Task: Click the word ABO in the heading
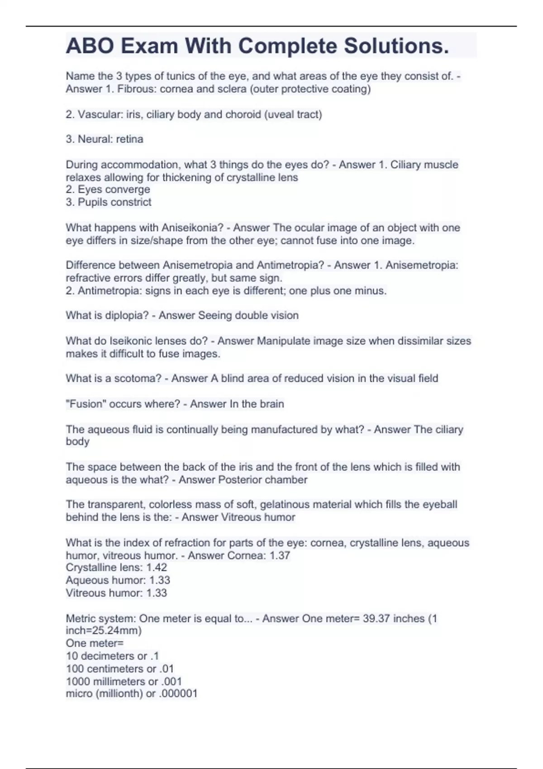click(x=90, y=46)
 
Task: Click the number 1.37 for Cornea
click(x=280, y=555)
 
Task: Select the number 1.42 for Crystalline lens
click(x=157, y=568)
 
